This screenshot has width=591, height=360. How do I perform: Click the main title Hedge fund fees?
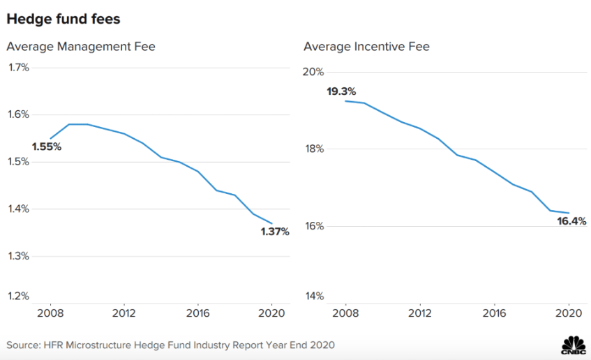pos(63,20)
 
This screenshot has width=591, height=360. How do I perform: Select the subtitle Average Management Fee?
pos(81,47)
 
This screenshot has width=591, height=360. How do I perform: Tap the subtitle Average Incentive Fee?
pos(366,47)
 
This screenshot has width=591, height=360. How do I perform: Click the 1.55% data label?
pos(47,147)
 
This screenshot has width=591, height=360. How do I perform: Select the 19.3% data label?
pos(341,91)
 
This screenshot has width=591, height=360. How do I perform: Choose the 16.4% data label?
pos(571,221)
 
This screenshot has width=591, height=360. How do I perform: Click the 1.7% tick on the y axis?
pos(19,68)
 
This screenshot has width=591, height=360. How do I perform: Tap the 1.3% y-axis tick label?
pos(19,256)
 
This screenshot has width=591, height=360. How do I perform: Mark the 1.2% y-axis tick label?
pos(19,296)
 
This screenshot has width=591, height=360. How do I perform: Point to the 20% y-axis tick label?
pos(315,72)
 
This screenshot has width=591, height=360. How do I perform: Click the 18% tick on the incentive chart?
pos(315,149)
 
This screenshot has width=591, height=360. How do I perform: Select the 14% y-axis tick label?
pos(315,296)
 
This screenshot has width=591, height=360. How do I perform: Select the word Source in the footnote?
pos(23,345)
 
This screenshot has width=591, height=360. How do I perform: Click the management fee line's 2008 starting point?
pos(50,138)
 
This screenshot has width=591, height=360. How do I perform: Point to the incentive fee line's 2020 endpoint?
pos(568,213)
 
